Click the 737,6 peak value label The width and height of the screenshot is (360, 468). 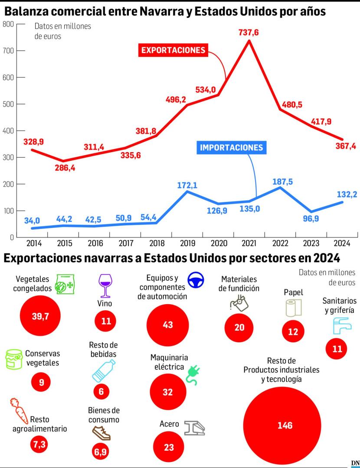249,32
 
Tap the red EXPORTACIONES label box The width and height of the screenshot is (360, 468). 173,50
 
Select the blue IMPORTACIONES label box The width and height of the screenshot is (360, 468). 231,147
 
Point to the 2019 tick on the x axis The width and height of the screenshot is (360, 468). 188,243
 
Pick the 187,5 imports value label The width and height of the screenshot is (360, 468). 283,182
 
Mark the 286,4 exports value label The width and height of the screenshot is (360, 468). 65,168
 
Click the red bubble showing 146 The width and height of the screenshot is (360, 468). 282,426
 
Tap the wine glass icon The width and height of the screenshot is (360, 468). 105,286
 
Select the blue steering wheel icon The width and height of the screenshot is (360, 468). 196,280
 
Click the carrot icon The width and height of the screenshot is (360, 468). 19,411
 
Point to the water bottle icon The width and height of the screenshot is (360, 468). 104,371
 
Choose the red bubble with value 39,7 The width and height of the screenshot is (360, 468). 40,316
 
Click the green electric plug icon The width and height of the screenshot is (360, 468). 193,375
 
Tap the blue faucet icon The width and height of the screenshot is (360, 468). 342,325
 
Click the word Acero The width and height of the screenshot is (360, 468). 169,424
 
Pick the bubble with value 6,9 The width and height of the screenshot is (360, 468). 101,452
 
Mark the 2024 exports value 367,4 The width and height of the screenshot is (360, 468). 346,146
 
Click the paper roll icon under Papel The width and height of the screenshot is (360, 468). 294,308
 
